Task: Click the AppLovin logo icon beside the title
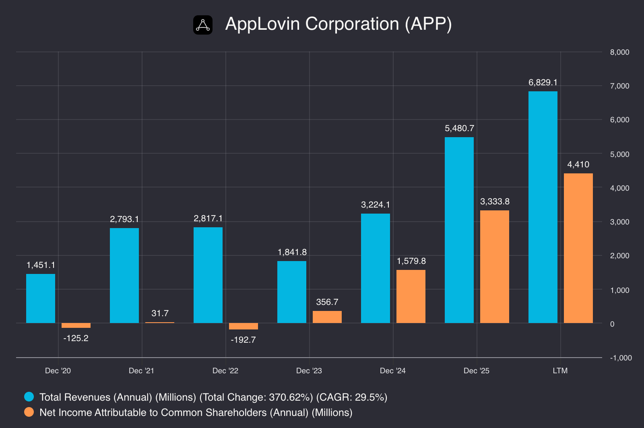203,25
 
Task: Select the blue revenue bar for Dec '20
41,298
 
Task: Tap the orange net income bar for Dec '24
411,296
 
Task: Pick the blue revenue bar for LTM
543,207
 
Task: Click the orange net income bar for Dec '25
495,267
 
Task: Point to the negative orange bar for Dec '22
244,326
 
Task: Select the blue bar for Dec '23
292,292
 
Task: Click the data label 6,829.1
543,82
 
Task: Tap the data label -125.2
76,338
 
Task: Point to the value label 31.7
160,313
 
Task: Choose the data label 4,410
578,164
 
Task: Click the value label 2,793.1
124,219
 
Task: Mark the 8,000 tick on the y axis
619,52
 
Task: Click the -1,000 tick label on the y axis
621,358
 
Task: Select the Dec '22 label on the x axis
225,370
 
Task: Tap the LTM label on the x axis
560,370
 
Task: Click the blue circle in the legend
29,397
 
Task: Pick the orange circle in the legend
29,412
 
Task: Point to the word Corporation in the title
352,24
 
